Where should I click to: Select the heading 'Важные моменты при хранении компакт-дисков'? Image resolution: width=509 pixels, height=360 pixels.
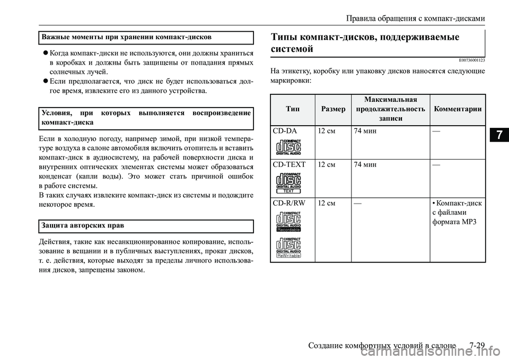(x=128, y=37)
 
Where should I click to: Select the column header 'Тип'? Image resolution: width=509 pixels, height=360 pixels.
(x=292, y=108)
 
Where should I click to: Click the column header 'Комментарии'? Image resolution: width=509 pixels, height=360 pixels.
(x=457, y=108)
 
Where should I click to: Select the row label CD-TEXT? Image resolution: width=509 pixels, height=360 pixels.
(x=289, y=164)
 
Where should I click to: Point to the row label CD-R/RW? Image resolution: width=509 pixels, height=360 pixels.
(x=289, y=202)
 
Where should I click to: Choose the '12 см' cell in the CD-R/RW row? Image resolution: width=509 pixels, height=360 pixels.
(x=327, y=202)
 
